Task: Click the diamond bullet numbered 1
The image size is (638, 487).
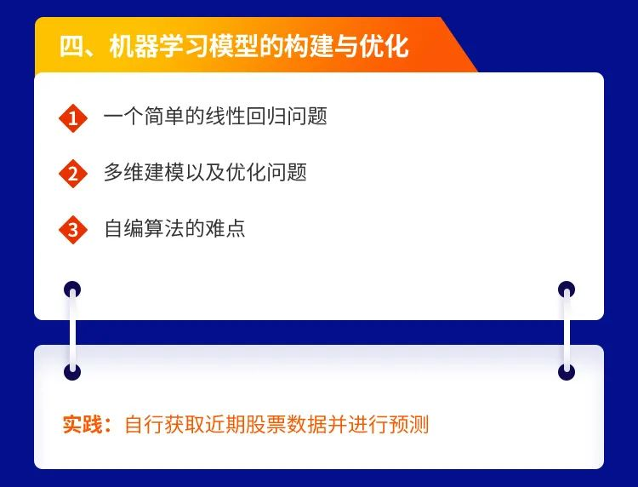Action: [73, 117]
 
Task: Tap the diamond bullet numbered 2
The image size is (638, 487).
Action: [73, 174]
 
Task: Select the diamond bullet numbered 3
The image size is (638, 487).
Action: [73, 229]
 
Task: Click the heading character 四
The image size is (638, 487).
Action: [71, 46]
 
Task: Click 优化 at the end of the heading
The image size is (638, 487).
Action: [385, 46]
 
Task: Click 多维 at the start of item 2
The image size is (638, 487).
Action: [123, 172]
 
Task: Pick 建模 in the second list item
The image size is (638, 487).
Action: [164, 172]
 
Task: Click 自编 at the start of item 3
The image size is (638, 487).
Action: [123, 228]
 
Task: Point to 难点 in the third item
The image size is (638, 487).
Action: [225, 228]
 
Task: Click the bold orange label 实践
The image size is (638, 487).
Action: [83, 425]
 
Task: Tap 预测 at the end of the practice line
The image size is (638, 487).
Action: [409, 425]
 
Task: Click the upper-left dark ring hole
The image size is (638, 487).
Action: [72, 289]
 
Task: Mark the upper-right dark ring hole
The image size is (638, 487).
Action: [567, 289]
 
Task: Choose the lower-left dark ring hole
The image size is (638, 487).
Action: [72, 372]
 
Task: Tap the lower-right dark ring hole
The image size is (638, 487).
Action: [567, 372]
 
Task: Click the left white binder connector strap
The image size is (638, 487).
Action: [73, 330]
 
